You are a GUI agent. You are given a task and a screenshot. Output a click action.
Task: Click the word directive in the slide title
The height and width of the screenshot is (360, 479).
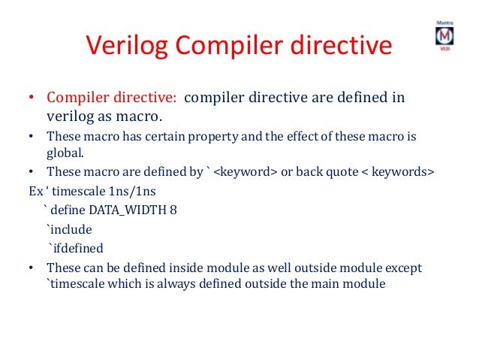point(341,46)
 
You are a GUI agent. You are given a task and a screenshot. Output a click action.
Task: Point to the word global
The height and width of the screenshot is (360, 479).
point(66,153)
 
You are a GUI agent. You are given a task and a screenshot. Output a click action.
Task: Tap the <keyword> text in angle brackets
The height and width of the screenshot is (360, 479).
point(246,171)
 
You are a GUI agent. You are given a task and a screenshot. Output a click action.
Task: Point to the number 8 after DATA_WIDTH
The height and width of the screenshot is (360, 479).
point(173,210)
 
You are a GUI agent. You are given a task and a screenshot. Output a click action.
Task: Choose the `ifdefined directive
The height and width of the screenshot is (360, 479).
point(75,248)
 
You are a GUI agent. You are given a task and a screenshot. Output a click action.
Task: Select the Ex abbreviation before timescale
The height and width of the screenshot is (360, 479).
point(35,190)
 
